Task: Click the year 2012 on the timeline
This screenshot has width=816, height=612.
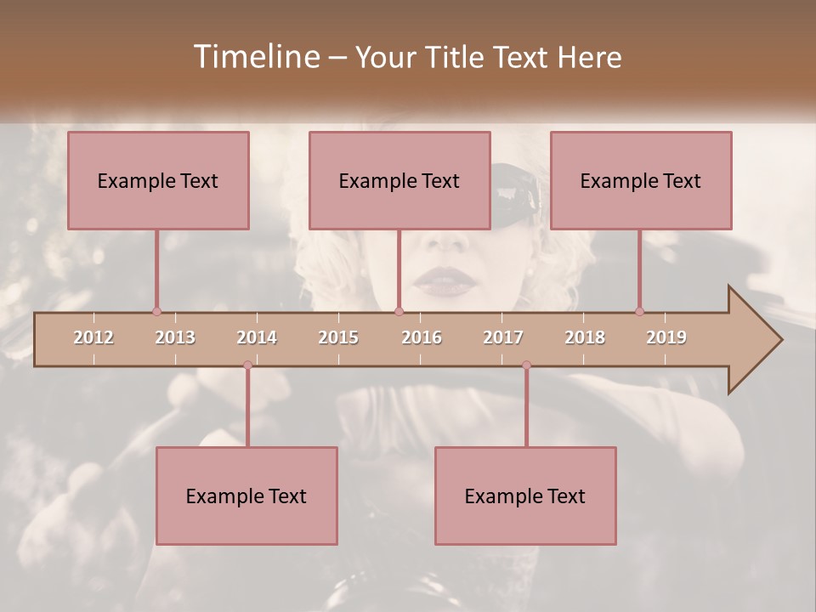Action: coord(93,337)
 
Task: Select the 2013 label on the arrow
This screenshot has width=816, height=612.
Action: coord(175,337)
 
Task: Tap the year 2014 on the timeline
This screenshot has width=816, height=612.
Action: coord(257,337)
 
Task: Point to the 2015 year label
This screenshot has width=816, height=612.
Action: coord(338,337)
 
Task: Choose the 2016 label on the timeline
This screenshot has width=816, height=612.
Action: coord(422,337)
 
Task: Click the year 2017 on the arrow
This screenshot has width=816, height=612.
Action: coord(503,337)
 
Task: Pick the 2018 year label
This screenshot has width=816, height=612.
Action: coord(585,337)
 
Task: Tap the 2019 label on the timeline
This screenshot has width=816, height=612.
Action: coord(666,337)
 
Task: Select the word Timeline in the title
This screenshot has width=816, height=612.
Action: coord(255,57)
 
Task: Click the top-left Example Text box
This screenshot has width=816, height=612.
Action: coord(158,180)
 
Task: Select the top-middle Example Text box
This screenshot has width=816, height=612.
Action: coord(399,180)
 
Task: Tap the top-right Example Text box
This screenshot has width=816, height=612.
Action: coord(641,180)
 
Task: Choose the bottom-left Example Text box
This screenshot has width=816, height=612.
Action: coord(246,496)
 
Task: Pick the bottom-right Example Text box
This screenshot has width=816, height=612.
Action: coord(525,496)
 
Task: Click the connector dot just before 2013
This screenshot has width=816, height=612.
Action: coord(156,311)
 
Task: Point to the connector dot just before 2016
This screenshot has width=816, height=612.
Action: coord(399,311)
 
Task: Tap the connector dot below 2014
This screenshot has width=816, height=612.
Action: coord(247,365)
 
